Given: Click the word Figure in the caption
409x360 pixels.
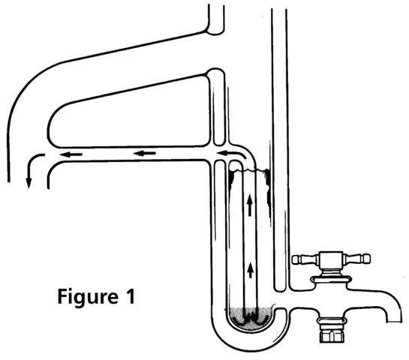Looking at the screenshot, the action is [88, 297].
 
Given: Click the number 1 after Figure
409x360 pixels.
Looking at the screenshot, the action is [130, 295].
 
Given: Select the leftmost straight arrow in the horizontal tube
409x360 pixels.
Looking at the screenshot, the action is [71, 154].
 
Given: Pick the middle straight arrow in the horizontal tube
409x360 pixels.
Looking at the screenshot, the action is [145, 153].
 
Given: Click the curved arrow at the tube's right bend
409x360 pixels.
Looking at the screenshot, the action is [232, 153].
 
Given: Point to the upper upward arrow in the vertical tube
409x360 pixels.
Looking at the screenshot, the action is [250, 205].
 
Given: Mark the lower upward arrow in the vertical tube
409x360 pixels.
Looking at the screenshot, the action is [251, 270].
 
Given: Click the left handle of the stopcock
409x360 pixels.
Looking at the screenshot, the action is [305, 259].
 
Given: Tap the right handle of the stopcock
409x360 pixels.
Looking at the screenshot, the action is [356, 258].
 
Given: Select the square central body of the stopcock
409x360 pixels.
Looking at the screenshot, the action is [331, 260].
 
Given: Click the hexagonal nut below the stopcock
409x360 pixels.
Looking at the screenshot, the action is [332, 335].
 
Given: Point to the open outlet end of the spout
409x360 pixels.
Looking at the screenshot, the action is [393, 322].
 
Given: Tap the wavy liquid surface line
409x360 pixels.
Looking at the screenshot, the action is [248, 170].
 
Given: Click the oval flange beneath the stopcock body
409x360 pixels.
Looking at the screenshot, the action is [331, 280].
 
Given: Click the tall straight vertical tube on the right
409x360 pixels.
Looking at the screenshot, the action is [280, 148].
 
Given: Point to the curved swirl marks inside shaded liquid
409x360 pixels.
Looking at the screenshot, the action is [250, 319].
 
